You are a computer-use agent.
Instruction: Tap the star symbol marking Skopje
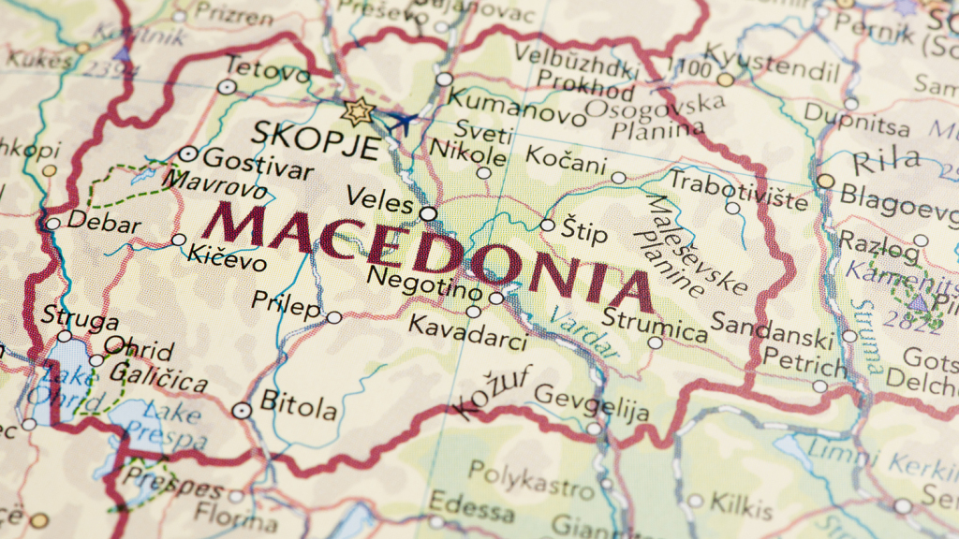tap(358, 111)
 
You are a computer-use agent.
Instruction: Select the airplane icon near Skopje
tap(403, 122)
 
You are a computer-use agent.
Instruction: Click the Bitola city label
tap(298, 407)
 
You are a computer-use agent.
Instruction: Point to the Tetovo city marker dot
tap(228, 87)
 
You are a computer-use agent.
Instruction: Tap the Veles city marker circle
tap(428, 213)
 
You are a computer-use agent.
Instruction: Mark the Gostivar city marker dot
tap(188, 154)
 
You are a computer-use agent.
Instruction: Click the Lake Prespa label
tap(170, 425)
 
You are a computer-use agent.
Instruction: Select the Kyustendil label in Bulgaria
tap(772, 61)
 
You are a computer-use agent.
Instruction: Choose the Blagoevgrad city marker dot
tap(825, 182)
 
